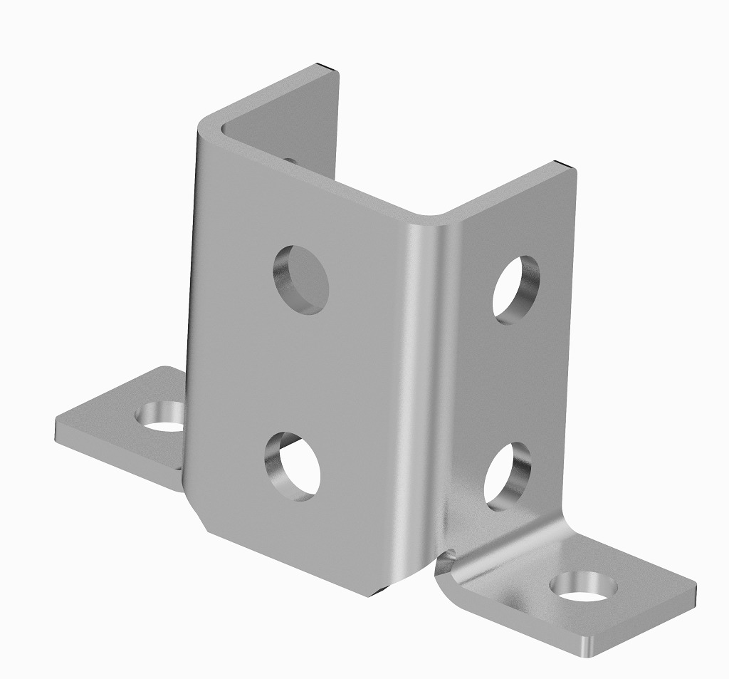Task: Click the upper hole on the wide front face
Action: point(301,279)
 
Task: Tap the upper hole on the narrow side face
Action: point(516,289)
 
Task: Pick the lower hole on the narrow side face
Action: point(507,477)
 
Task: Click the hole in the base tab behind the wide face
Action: point(162,418)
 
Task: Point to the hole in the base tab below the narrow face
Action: point(583,586)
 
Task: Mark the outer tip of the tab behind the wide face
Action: point(60,427)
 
